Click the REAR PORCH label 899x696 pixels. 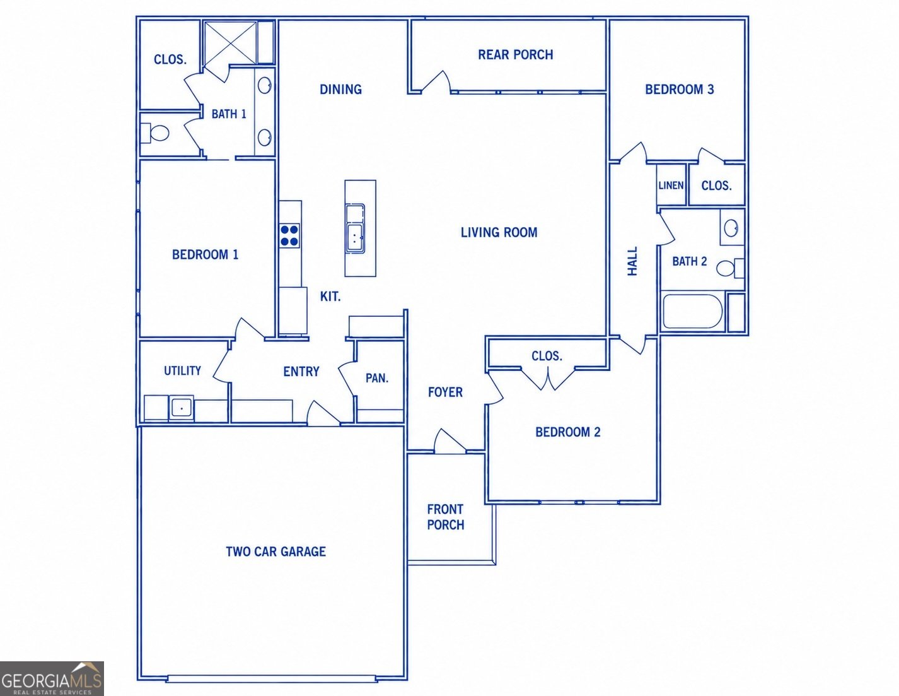515,55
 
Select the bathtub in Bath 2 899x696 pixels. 692,311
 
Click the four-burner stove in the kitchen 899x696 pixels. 289,235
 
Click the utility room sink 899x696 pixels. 181,408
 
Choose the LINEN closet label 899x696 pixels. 671,186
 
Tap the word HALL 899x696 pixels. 632,261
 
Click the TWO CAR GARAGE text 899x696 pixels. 275,551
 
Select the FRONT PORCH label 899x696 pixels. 445,517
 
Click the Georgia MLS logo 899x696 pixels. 52,678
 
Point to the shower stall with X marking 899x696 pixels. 229,43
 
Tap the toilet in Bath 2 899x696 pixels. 730,268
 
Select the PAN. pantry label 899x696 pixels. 377,378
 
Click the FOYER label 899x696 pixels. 445,392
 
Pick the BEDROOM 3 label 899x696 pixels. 680,90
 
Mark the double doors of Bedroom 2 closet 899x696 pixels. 547,379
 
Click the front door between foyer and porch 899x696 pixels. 450,440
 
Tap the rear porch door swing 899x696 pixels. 436,81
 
